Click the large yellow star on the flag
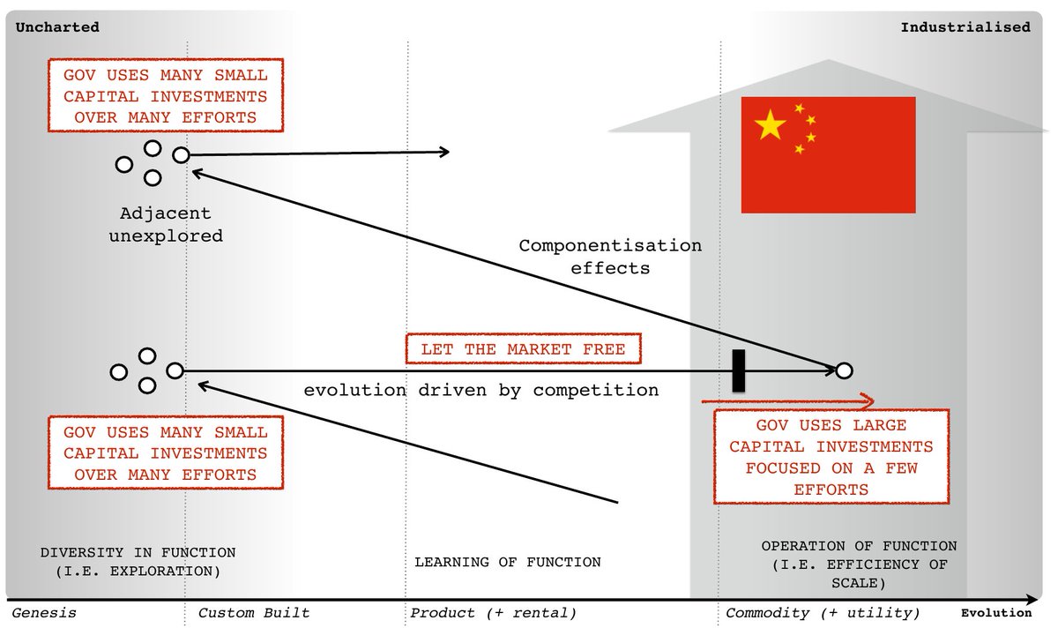pyautogui.click(x=771, y=126)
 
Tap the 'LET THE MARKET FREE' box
pyautogui.click(x=523, y=349)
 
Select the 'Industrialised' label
pyautogui.click(x=965, y=27)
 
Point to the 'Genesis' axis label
pyautogui.click(x=44, y=613)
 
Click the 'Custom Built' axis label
pyautogui.click(x=254, y=613)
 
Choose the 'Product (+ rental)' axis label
pyautogui.click(x=493, y=613)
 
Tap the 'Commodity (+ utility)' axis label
pyautogui.click(x=823, y=613)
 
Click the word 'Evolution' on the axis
pyautogui.click(x=995, y=613)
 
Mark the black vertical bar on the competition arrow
pyautogui.click(x=739, y=370)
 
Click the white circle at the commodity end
pyautogui.click(x=844, y=370)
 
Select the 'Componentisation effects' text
pyautogui.click(x=610, y=256)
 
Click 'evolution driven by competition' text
pyautogui.click(x=481, y=390)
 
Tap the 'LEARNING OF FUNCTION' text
pyautogui.click(x=508, y=562)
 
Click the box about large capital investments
pyautogui.click(x=831, y=457)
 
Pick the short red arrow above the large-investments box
pyautogui.click(x=787, y=401)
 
